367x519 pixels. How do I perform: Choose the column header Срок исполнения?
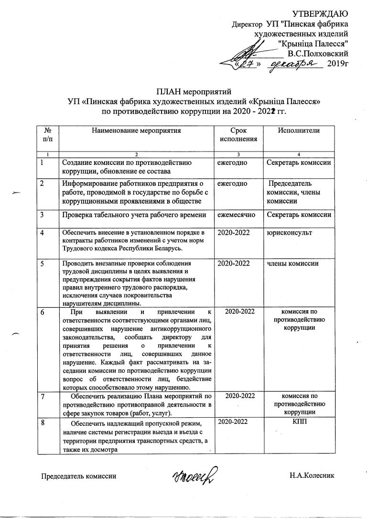(238, 134)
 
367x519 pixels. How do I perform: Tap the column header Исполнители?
(299, 130)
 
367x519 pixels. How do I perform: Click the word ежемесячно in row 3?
(237, 215)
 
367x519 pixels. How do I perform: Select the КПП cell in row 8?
(299, 422)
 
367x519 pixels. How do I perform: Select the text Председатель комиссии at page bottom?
(78, 476)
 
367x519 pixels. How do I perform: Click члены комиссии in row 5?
(293, 263)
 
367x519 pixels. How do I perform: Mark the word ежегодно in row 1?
(232, 163)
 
